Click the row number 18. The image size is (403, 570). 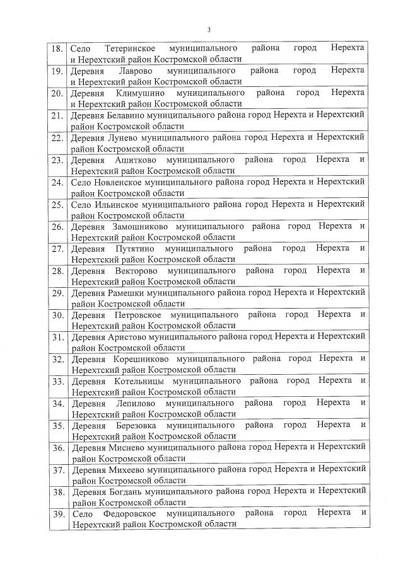[57, 48]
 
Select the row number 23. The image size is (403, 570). [57, 160]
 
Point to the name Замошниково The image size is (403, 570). [139, 227]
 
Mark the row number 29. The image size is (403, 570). [57, 294]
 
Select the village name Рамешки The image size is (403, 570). [129, 293]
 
